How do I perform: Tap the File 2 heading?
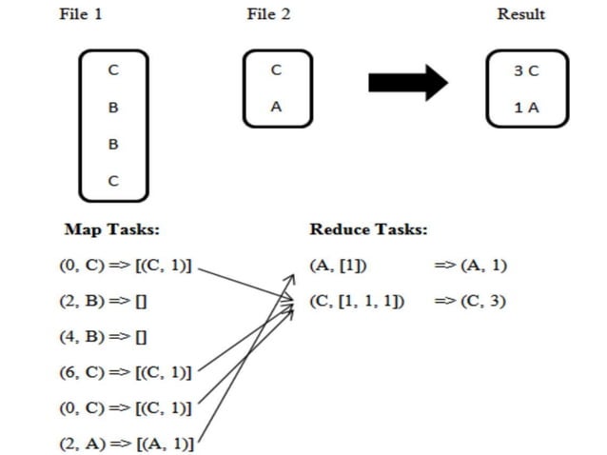point(267,14)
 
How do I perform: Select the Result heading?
point(521,14)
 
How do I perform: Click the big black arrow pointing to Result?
point(407,83)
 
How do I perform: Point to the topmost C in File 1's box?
point(113,70)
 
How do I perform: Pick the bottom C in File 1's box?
point(113,182)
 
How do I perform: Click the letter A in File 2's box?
point(276,107)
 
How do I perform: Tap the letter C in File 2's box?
point(276,70)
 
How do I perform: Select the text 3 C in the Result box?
point(526,71)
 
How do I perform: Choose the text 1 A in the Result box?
point(526,108)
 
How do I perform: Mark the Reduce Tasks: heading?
point(368,229)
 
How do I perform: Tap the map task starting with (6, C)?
point(126,372)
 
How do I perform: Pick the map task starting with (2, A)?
point(126,443)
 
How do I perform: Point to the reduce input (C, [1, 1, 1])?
point(357,301)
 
